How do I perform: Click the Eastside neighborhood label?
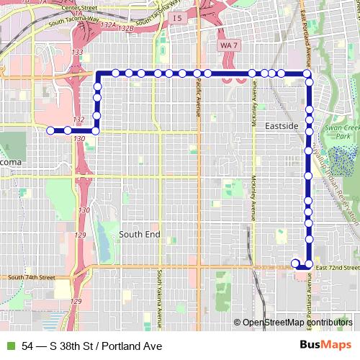tap(281, 126)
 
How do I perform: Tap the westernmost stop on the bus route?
tap(50, 131)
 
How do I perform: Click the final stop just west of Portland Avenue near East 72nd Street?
tap(294, 263)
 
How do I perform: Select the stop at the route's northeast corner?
tap(307, 73)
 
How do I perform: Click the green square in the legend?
tap(9, 346)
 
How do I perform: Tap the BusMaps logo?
tap(330, 345)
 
